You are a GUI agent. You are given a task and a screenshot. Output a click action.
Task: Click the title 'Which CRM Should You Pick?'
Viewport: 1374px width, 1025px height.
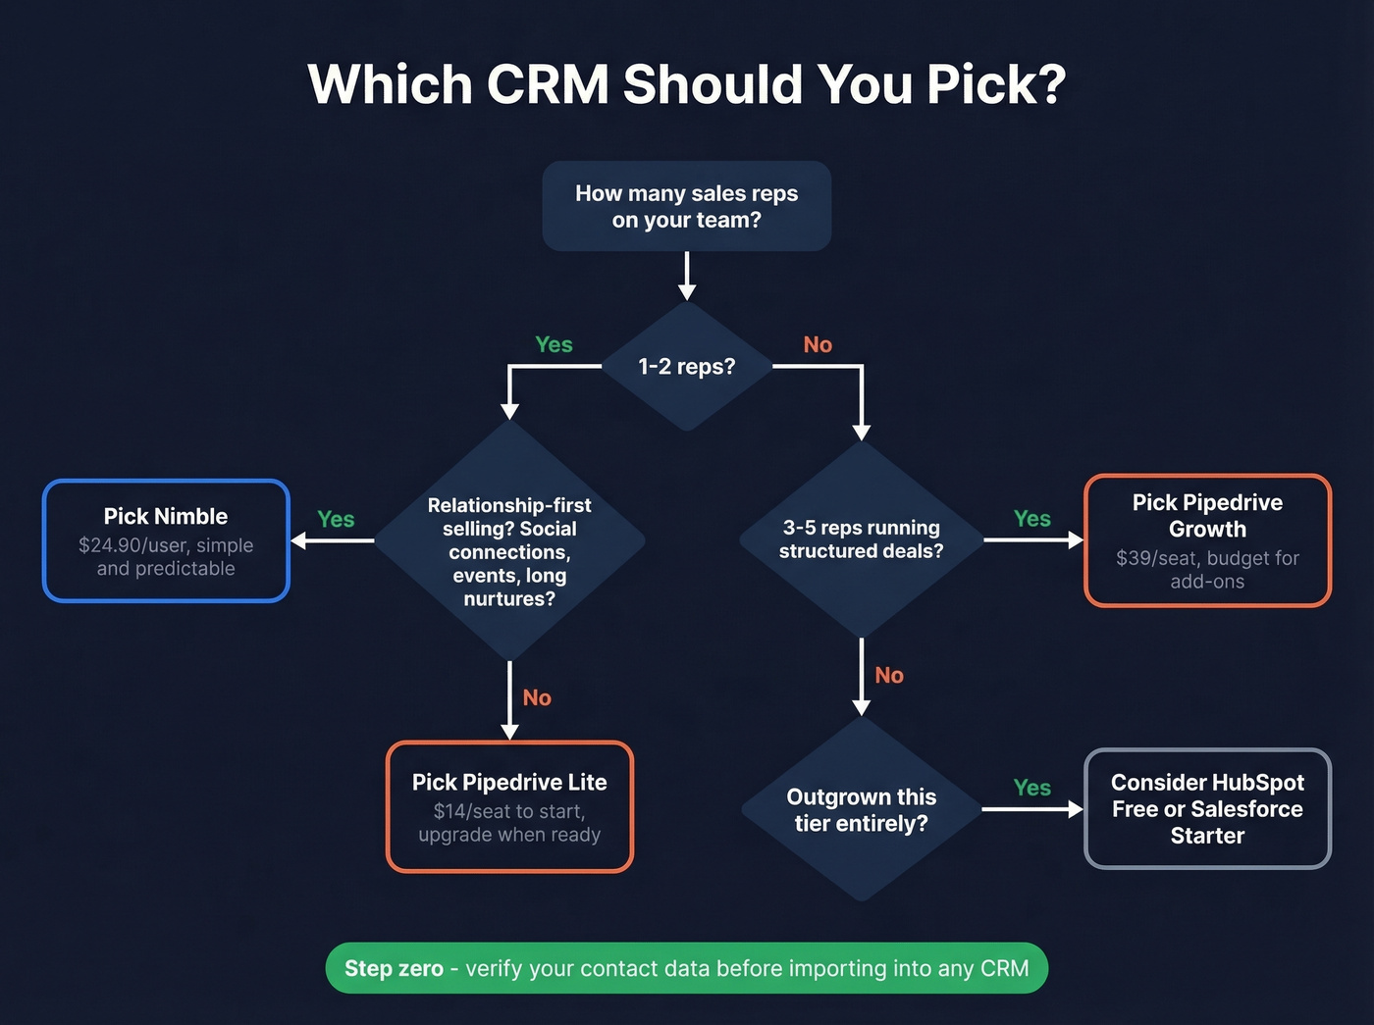pyautogui.click(x=686, y=84)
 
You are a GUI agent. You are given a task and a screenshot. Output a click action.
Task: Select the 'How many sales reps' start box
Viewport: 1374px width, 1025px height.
pyautogui.click(x=686, y=206)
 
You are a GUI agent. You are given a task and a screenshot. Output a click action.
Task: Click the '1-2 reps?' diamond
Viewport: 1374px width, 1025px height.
pyautogui.click(x=686, y=367)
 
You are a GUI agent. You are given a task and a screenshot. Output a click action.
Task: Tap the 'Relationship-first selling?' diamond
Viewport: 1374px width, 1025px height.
pyautogui.click(x=509, y=550)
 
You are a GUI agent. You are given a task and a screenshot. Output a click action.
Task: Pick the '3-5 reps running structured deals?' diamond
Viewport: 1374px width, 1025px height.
pyautogui.click(x=861, y=539)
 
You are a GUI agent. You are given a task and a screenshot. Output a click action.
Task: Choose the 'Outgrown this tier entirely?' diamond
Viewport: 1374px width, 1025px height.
pyautogui.click(x=861, y=810)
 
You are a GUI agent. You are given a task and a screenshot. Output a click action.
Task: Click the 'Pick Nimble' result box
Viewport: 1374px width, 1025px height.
pyautogui.click(x=166, y=540)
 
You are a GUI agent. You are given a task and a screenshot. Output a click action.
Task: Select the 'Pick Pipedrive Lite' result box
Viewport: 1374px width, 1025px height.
pyautogui.click(x=509, y=806)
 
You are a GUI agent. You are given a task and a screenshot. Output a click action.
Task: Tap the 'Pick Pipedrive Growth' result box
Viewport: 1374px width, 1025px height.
pyautogui.click(x=1207, y=540)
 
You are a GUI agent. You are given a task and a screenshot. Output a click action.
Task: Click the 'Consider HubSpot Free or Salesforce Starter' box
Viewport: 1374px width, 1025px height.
pyautogui.click(x=1207, y=809)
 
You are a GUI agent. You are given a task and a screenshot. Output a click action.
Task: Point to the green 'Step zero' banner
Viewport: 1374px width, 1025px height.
pyautogui.click(x=686, y=968)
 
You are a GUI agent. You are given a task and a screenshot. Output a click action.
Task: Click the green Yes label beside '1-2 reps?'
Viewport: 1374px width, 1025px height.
pyautogui.click(x=554, y=344)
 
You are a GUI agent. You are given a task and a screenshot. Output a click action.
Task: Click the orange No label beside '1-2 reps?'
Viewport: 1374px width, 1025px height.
pyautogui.click(x=818, y=344)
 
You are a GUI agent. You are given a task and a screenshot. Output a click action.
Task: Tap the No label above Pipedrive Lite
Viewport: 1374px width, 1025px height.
pyautogui.click(x=537, y=697)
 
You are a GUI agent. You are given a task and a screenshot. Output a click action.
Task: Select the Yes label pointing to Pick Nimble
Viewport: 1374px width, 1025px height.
pyautogui.click(x=336, y=519)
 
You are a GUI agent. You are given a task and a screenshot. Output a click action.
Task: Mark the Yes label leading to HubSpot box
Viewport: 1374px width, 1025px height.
pyautogui.click(x=1031, y=788)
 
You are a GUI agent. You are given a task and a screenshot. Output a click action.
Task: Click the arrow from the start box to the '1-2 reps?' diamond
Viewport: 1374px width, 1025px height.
pyautogui.click(x=687, y=276)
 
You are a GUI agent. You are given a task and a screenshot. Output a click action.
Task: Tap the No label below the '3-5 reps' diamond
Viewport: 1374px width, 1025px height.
pyautogui.click(x=889, y=675)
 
